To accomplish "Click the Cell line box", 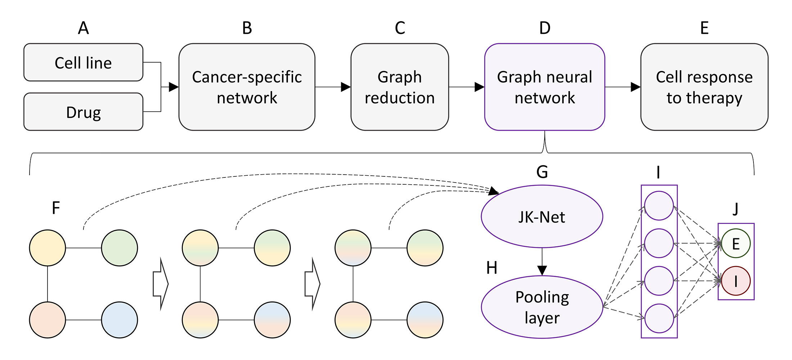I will tap(83, 62).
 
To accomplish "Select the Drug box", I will tap(83, 112).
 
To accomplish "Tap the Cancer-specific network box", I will tap(247, 87).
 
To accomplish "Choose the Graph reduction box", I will tap(400, 87).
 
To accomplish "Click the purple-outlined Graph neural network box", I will tap(544, 87).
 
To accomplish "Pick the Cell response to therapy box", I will tap(704, 87).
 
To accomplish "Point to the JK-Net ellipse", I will tap(542, 216).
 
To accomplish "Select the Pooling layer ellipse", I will tap(542, 307).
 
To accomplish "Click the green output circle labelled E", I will tap(736, 244).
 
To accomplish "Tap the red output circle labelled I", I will tap(736, 281).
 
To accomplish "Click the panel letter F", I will tap(56, 208).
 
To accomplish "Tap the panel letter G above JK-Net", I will tap(542, 172).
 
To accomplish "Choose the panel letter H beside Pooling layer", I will tap(492, 268).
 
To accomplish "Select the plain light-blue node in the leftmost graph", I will tap(120, 320).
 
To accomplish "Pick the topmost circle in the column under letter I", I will tap(659, 206).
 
